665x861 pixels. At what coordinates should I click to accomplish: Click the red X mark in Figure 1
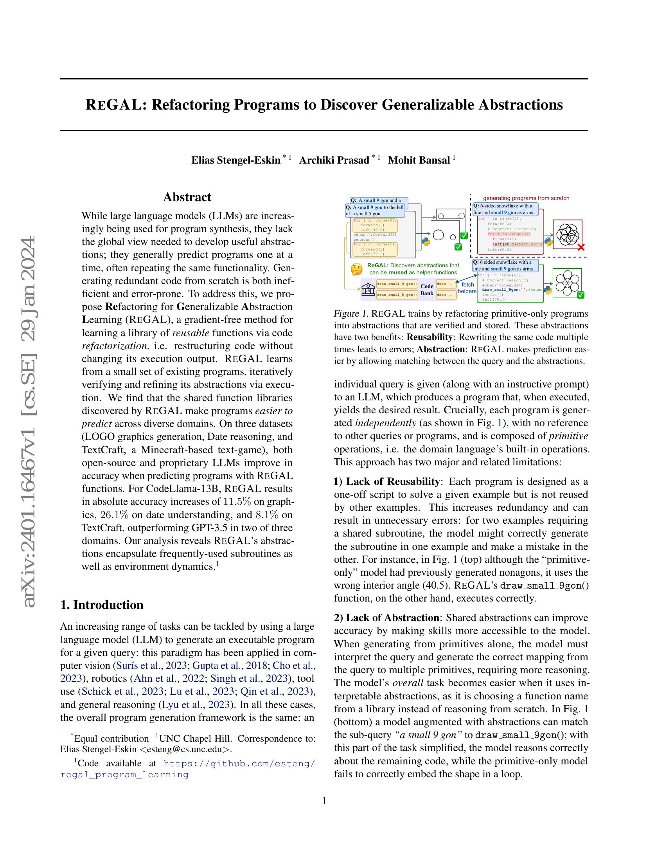coord(580,247)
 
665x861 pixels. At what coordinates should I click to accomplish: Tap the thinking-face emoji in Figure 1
coord(356,269)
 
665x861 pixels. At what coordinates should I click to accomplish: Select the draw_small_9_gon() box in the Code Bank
coord(397,284)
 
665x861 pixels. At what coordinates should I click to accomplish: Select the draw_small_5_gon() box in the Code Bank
coord(397,294)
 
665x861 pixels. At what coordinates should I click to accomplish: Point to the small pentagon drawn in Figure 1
coord(453,237)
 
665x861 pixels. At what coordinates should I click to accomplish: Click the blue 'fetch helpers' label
coord(467,288)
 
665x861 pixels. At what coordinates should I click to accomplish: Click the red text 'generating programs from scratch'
coord(526,198)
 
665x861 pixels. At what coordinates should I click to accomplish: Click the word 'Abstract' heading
coord(187,197)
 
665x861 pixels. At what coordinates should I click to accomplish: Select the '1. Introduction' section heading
coord(102,605)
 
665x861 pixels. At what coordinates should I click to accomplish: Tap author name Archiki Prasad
coord(334,160)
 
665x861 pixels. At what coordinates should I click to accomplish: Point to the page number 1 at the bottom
coord(324,801)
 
